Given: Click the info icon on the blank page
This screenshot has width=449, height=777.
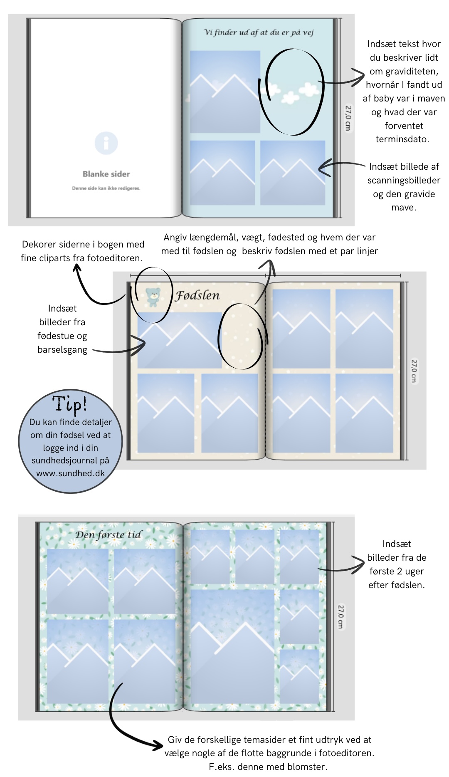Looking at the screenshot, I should pos(106,143).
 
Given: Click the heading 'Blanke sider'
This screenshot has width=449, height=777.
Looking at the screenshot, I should pos(106,174).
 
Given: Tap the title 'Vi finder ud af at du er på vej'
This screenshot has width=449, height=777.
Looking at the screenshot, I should pos(259,32).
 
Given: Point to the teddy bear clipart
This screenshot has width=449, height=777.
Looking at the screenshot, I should pos(153,297).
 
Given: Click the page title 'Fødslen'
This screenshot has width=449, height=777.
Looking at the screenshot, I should pos(197,295).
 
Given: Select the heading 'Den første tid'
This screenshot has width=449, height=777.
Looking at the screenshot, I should pos(109,534).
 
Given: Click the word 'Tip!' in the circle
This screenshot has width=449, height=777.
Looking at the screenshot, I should pos(69,404).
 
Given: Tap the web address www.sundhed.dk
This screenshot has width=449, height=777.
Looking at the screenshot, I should pos(70,473).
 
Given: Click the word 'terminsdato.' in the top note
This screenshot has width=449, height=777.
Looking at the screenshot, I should pos(402,139).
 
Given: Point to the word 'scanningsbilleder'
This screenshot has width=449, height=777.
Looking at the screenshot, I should pos(404,181).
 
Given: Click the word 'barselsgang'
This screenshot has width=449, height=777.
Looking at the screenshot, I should pos(62,350).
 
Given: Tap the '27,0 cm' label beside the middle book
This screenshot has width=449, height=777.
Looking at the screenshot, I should pos(414,371).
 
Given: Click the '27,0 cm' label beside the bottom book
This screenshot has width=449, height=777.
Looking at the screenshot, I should pos(341,616).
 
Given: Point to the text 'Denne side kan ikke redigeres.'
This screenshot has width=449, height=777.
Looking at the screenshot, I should pos(106,188).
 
